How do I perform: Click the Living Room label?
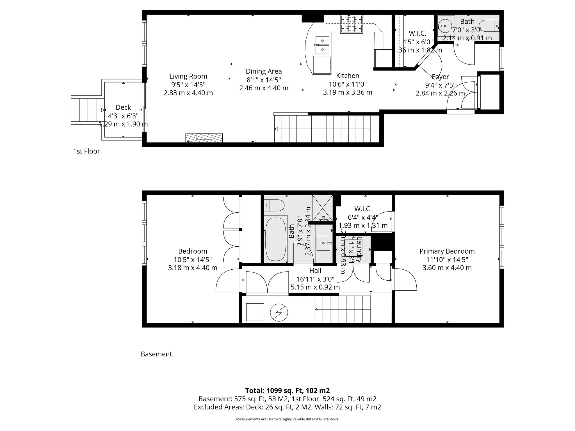point(188,76)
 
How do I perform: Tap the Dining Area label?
point(264,72)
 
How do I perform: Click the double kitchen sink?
point(322,45)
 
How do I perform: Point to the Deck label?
point(123,107)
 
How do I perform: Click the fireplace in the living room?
point(204,137)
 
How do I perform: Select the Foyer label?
point(440,77)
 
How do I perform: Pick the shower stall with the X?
point(322,208)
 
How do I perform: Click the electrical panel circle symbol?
point(279,312)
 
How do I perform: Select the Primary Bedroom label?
point(447,251)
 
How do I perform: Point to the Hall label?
point(315,271)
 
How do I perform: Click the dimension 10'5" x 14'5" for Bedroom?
point(193,260)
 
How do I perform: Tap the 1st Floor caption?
point(86,151)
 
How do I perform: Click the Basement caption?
point(156,354)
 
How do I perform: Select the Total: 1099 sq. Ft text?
point(287,391)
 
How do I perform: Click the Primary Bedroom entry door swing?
point(404,279)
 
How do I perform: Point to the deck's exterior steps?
point(87,110)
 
